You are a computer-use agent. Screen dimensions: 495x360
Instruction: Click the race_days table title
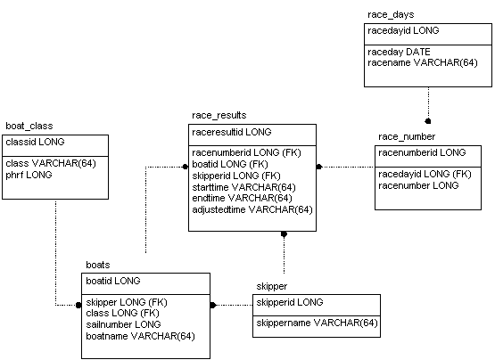[391, 15]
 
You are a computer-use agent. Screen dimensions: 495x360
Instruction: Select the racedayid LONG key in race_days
[403, 30]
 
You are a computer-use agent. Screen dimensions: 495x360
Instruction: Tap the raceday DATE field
[399, 52]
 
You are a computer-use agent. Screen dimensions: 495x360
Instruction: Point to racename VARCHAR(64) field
[423, 62]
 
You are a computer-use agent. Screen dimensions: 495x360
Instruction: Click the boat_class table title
[29, 127]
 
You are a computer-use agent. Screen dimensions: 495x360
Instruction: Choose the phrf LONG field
[29, 175]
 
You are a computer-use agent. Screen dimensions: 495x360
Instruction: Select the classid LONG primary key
[35, 142]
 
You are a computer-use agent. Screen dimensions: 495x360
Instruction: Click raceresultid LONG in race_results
[232, 132]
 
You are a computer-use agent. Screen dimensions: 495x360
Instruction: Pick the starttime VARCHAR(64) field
[243, 187]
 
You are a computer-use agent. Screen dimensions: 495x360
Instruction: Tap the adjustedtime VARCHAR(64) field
[252, 209]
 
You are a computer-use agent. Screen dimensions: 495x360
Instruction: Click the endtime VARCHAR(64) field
[242, 198]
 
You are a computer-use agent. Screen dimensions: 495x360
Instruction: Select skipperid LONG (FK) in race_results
[236, 176]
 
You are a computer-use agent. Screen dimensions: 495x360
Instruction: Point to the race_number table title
[407, 137]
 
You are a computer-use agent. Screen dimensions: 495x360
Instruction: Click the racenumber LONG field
[418, 185]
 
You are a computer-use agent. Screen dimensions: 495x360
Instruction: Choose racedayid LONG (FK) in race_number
[425, 174]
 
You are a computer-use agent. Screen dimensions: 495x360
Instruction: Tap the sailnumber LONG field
[123, 324]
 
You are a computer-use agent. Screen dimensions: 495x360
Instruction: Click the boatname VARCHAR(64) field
[140, 336]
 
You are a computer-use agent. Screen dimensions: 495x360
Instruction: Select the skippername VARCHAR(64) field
[317, 323]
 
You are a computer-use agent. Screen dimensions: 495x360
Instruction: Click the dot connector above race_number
[428, 121]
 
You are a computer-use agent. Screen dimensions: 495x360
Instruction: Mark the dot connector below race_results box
[284, 234]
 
